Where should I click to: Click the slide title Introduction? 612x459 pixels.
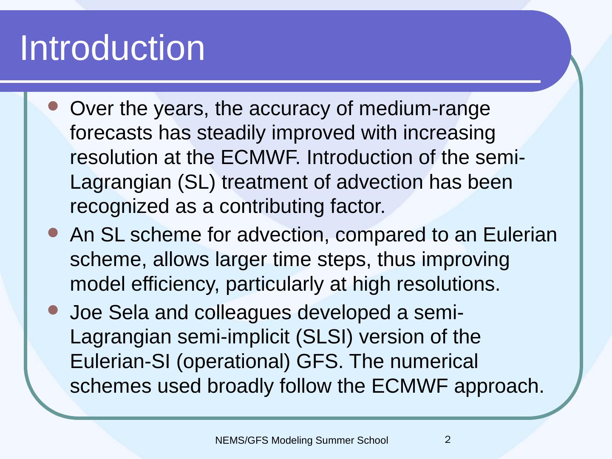click(113, 48)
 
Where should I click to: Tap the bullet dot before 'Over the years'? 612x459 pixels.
click(53, 106)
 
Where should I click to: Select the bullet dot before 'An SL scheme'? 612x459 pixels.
click(53, 232)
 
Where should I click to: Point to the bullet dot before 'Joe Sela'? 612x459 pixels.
click(53, 310)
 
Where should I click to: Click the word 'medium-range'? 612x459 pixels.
click(424, 109)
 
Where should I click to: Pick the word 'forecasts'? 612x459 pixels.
click(111, 133)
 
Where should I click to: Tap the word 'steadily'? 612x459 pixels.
click(231, 133)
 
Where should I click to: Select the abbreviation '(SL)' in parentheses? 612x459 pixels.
click(197, 183)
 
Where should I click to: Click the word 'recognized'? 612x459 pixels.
click(119, 207)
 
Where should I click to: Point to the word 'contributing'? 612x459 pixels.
click(272, 207)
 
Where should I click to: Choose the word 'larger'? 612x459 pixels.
click(241, 260)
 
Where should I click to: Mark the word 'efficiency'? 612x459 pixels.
click(175, 285)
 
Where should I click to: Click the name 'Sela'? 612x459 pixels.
click(128, 313)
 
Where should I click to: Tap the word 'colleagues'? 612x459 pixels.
click(243, 313)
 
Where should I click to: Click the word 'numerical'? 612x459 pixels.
click(434, 361)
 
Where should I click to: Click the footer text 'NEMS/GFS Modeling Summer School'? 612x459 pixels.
click(302, 441)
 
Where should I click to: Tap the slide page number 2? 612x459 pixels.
click(448, 440)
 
